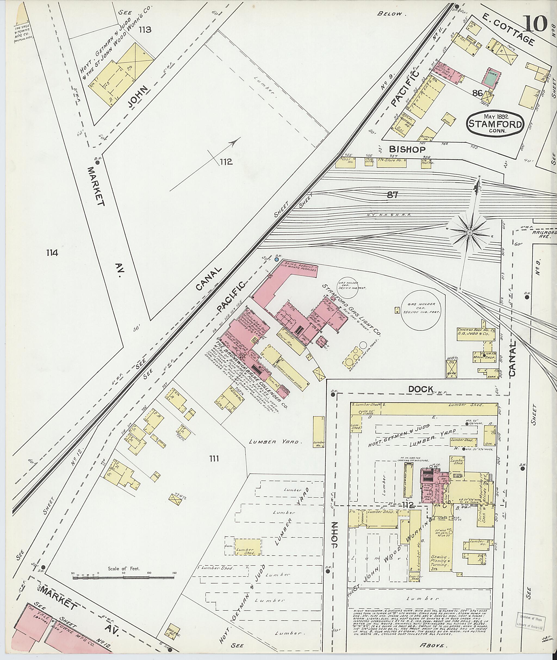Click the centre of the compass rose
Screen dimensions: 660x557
point(469,233)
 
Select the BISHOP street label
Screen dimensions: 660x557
point(407,149)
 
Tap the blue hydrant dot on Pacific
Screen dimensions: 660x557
point(277,259)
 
